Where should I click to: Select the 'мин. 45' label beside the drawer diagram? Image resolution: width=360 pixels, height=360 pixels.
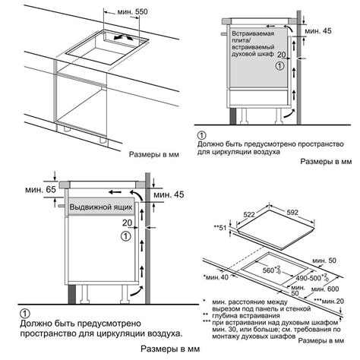click(169, 195)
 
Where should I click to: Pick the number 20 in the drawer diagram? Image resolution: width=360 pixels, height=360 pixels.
click(127, 223)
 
